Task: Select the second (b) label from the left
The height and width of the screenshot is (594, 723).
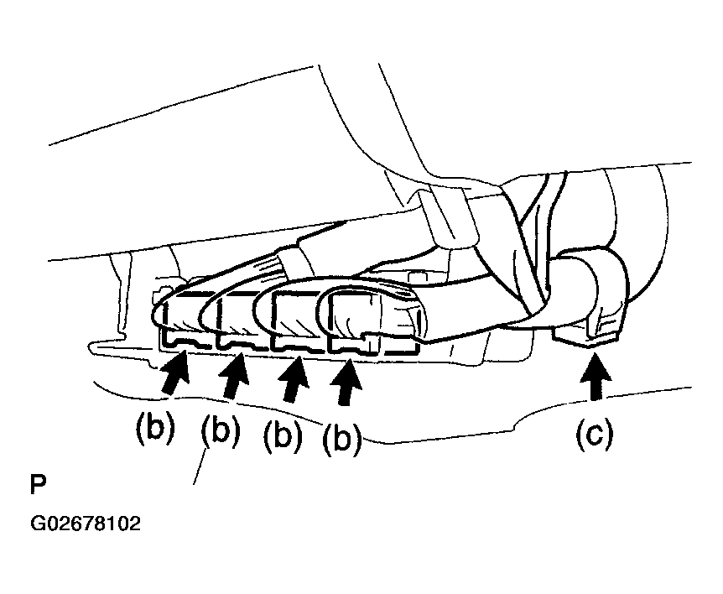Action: pos(221,431)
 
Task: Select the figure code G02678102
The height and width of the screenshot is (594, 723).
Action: pos(86,524)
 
